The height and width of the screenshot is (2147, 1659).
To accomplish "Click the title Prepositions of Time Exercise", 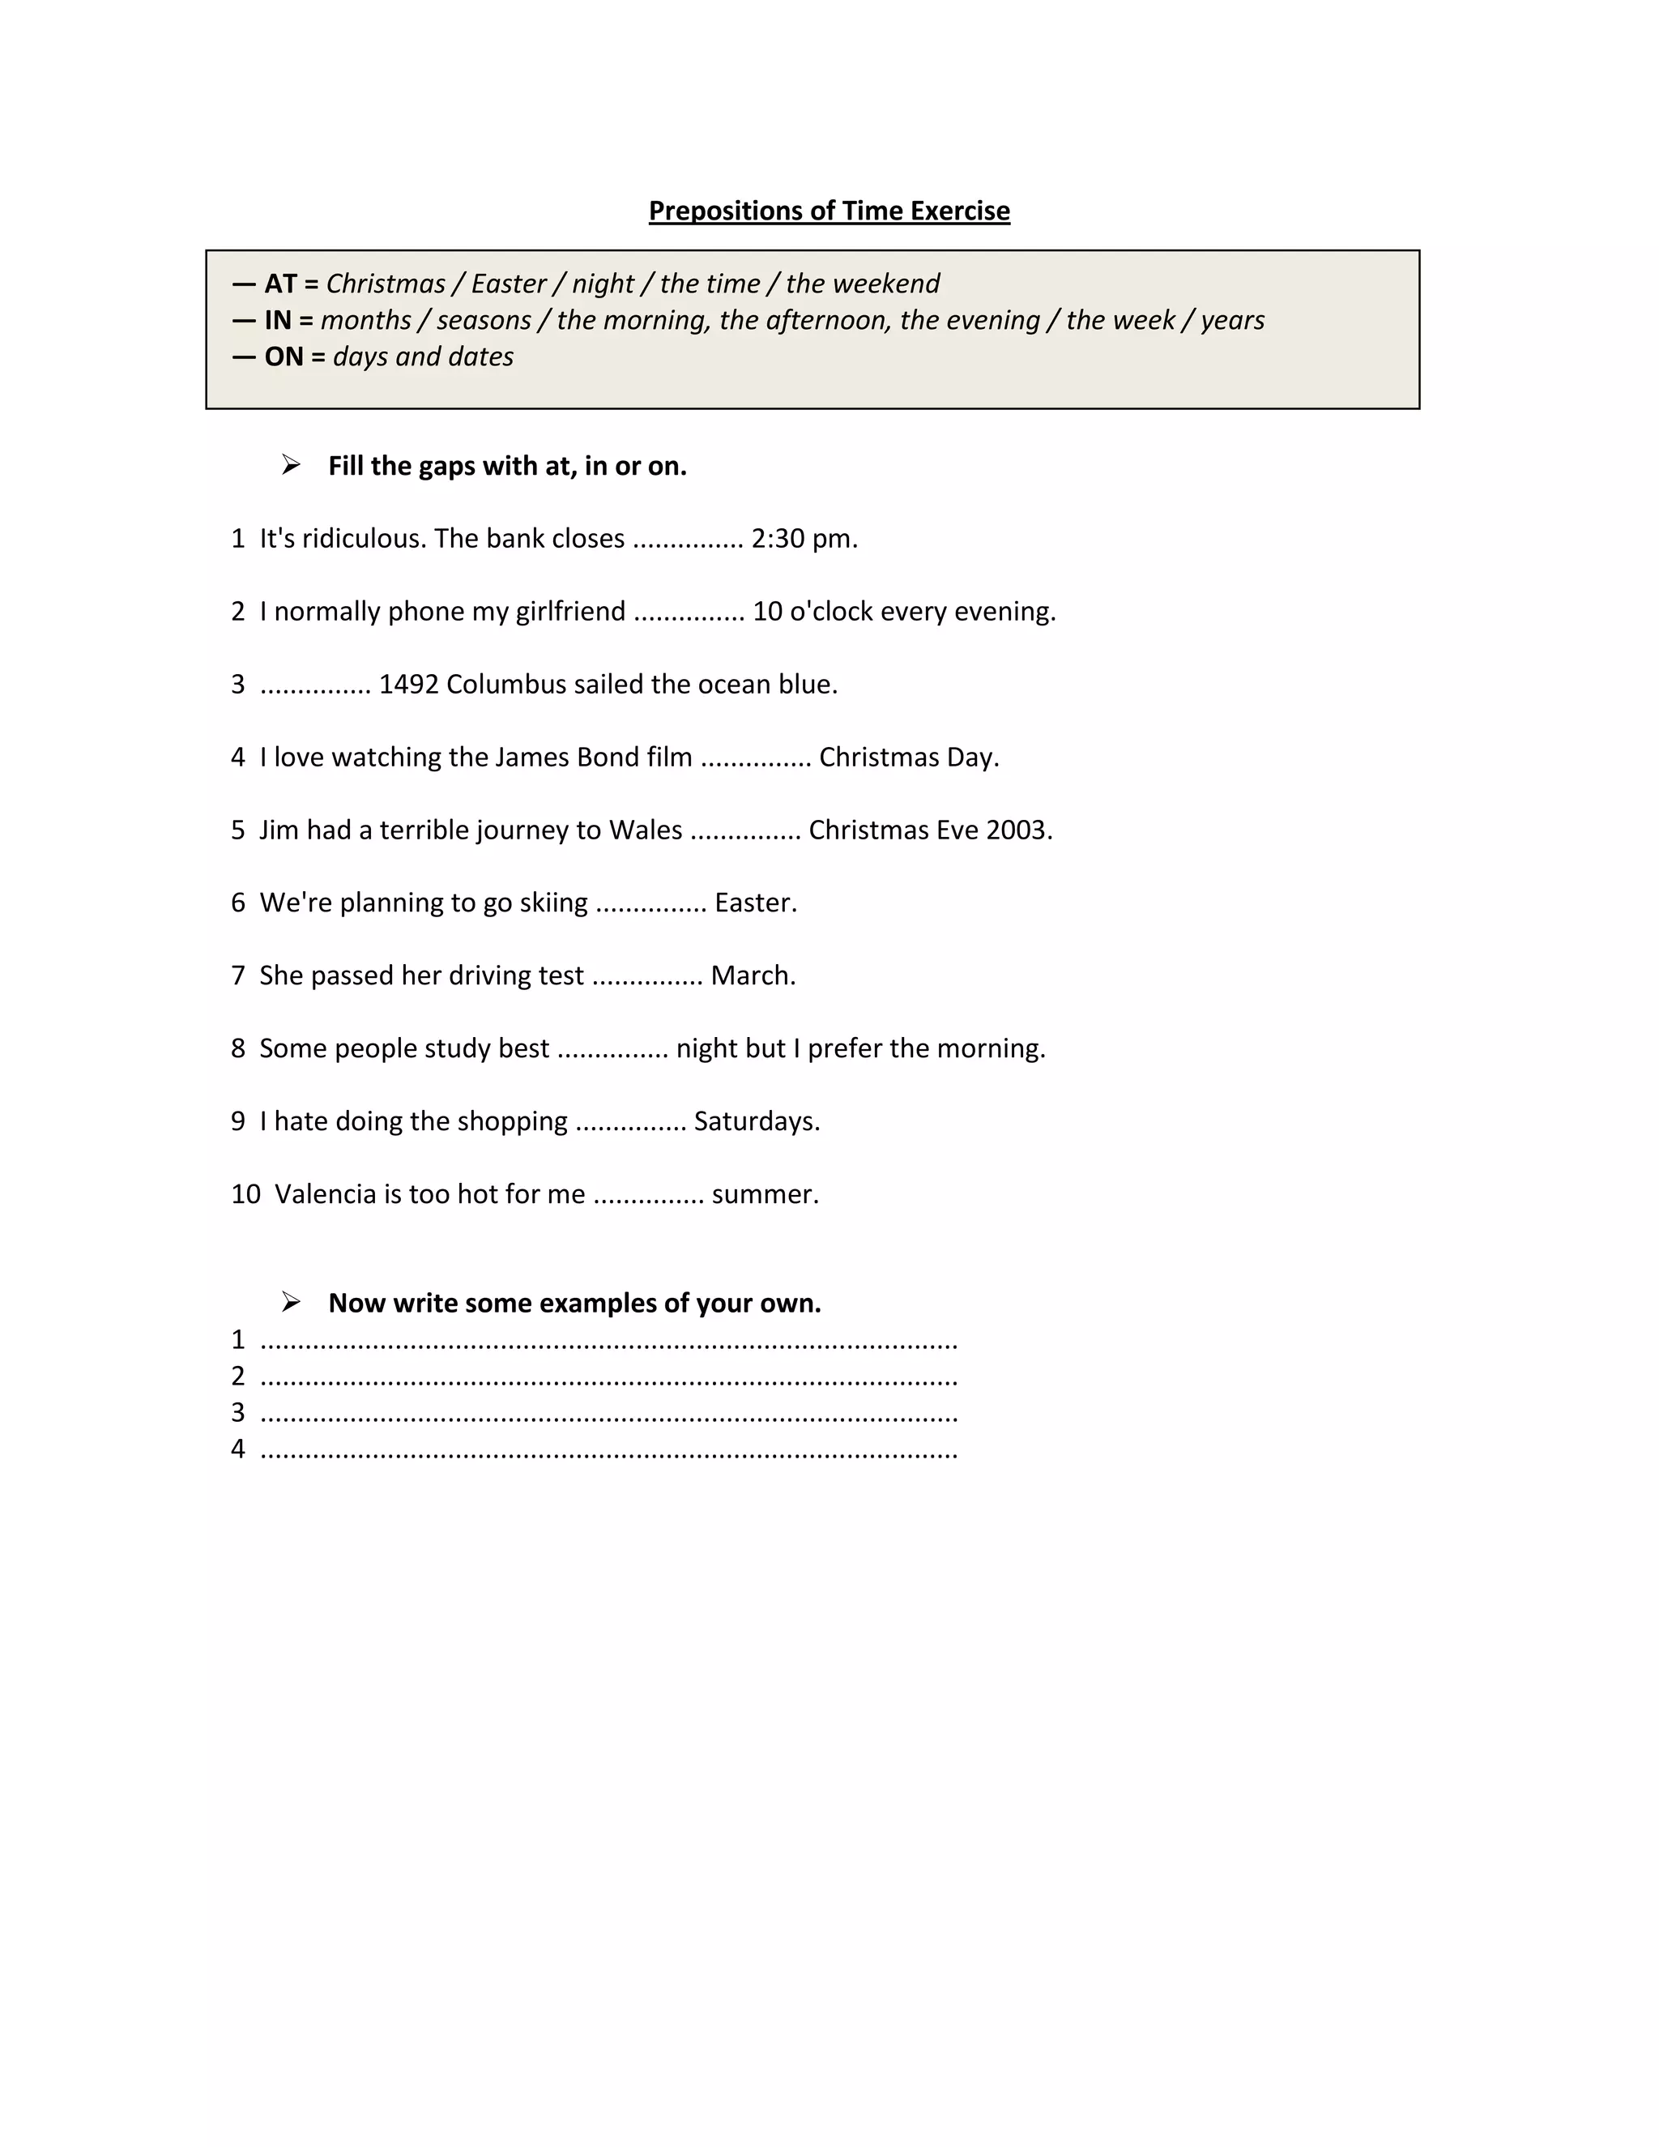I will click(829, 211).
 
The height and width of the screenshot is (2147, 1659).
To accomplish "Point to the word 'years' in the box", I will click(1231, 321).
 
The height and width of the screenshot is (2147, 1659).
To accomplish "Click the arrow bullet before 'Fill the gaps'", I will click(291, 465).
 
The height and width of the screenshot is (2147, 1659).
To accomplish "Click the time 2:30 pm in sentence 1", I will click(803, 539).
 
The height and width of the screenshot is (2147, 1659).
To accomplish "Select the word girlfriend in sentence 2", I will click(570, 612).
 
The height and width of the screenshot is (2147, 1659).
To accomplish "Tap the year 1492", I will click(409, 685).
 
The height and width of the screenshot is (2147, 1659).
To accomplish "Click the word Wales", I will click(645, 830).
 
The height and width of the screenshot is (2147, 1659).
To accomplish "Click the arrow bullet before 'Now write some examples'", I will click(291, 1303).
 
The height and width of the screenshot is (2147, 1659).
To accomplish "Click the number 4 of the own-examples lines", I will click(238, 1449).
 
